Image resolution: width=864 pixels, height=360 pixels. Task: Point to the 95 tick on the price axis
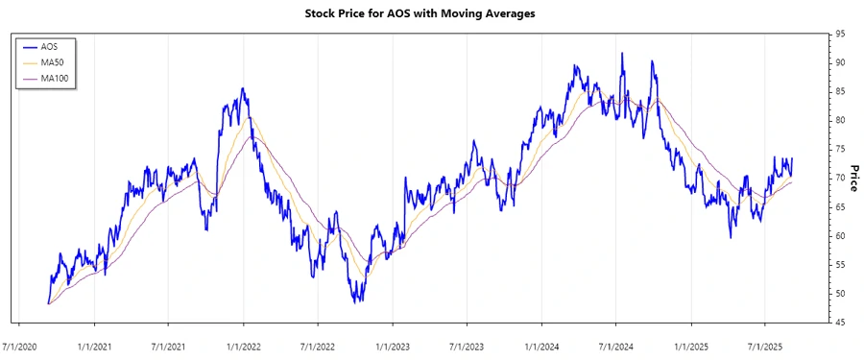point(840,34)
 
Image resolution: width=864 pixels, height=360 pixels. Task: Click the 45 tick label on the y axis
point(840,323)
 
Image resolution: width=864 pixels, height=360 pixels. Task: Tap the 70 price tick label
point(840,178)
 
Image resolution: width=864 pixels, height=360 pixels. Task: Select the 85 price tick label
point(840,91)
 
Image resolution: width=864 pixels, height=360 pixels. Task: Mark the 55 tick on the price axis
point(840,265)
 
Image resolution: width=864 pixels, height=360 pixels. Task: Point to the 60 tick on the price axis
point(840,236)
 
